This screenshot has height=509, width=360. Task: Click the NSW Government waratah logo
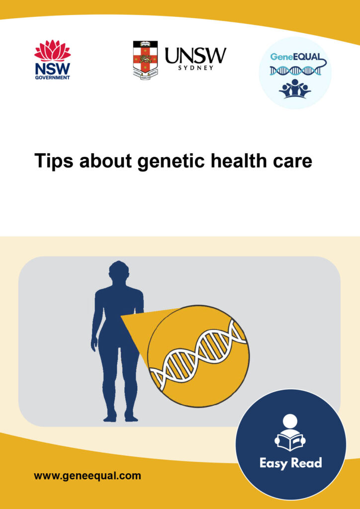[52, 51]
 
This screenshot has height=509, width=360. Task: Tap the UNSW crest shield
[145, 59]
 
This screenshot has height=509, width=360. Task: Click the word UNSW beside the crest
[195, 56]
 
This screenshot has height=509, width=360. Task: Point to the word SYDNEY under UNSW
[196, 68]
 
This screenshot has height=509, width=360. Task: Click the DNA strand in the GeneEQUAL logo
[295, 71]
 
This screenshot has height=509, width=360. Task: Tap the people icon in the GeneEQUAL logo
[295, 88]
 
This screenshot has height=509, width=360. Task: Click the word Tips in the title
[51, 161]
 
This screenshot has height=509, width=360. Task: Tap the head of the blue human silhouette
[118, 273]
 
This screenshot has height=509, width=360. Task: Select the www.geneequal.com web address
[87, 476]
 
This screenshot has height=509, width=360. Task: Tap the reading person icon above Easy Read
[290, 433]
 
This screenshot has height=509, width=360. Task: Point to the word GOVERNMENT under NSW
[52, 78]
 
